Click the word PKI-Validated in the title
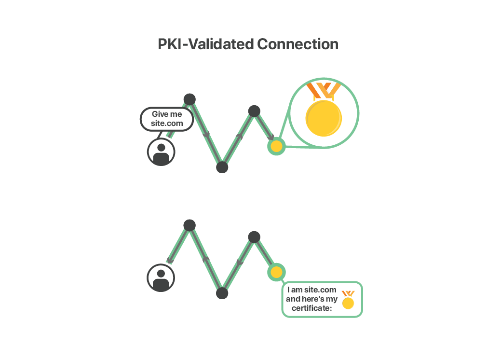tap(206, 44)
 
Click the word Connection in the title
tap(298, 44)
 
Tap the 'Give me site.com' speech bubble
tap(167, 119)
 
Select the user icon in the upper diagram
tap(161, 152)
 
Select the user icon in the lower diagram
tap(161, 278)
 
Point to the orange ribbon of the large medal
tap(324, 90)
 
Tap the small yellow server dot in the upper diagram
tap(276, 146)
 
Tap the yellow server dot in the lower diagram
tap(276, 272)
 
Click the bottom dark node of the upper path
tap(222, 167)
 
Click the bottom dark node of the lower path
tap(222, 293)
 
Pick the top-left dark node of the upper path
tap(189, 99)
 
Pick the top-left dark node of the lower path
tap(189, 225)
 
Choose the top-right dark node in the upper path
tap(254, 111)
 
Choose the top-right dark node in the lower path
tap(254, 236)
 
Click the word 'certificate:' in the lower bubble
tap(312, 308)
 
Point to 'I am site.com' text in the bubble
tap(312, 290)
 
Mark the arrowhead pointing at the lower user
tap(169, 261)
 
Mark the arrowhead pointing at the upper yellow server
tap(271, 138)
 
